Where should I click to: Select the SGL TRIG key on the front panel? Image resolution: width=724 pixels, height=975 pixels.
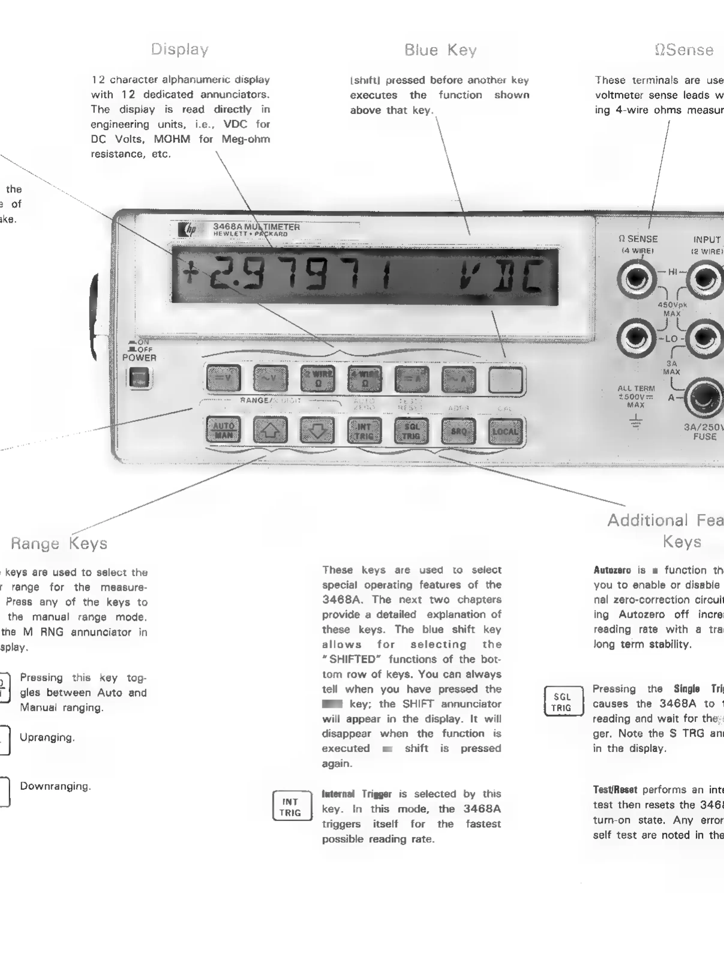[411, 431]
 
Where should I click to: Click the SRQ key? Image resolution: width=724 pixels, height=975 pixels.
[458, 431]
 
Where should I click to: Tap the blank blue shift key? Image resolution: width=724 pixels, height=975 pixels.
[506, 380]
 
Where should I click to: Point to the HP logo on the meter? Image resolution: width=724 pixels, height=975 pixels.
[187, 229]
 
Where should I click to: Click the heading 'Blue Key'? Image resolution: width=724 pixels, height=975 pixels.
[441, 50]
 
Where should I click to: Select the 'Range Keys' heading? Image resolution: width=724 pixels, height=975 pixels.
[59, 543]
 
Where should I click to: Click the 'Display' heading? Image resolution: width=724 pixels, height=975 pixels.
[180, 49]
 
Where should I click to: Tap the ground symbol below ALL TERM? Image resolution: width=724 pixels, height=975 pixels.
[636, 422]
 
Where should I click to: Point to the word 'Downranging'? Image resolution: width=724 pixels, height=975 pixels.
[55, 786]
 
